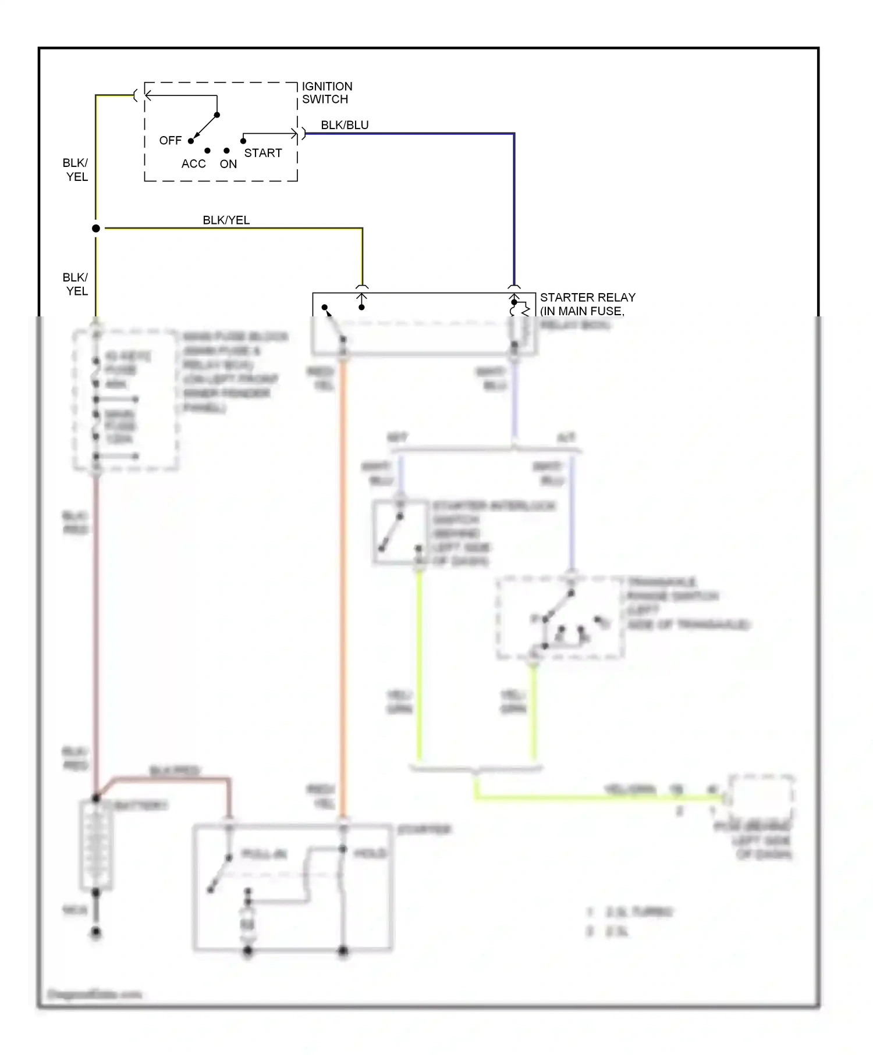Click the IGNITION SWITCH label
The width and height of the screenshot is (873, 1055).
coord(327,92)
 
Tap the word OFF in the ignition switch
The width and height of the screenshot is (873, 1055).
coord(170,141)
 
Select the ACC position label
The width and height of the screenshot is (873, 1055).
coord(193,164)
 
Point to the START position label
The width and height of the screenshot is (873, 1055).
coord(262,153)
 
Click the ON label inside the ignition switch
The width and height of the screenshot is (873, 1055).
coord(228,164)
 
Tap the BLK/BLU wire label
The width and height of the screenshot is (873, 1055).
coord(345,125)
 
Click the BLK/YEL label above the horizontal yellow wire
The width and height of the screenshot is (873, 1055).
coord(226,220)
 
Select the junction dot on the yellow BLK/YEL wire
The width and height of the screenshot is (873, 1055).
coord(96,229)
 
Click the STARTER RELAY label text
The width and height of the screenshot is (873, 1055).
coord(587,297)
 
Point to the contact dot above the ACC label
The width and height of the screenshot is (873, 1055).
coord(207,151)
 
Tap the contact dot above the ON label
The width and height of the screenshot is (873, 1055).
coord(226,151)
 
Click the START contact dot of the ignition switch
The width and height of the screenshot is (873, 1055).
coord(243,141)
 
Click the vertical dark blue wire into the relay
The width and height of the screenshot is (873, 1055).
coord(514,209)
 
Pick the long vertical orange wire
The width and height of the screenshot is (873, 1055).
coord(343,582)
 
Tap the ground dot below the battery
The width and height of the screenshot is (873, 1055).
coord(96,932)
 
